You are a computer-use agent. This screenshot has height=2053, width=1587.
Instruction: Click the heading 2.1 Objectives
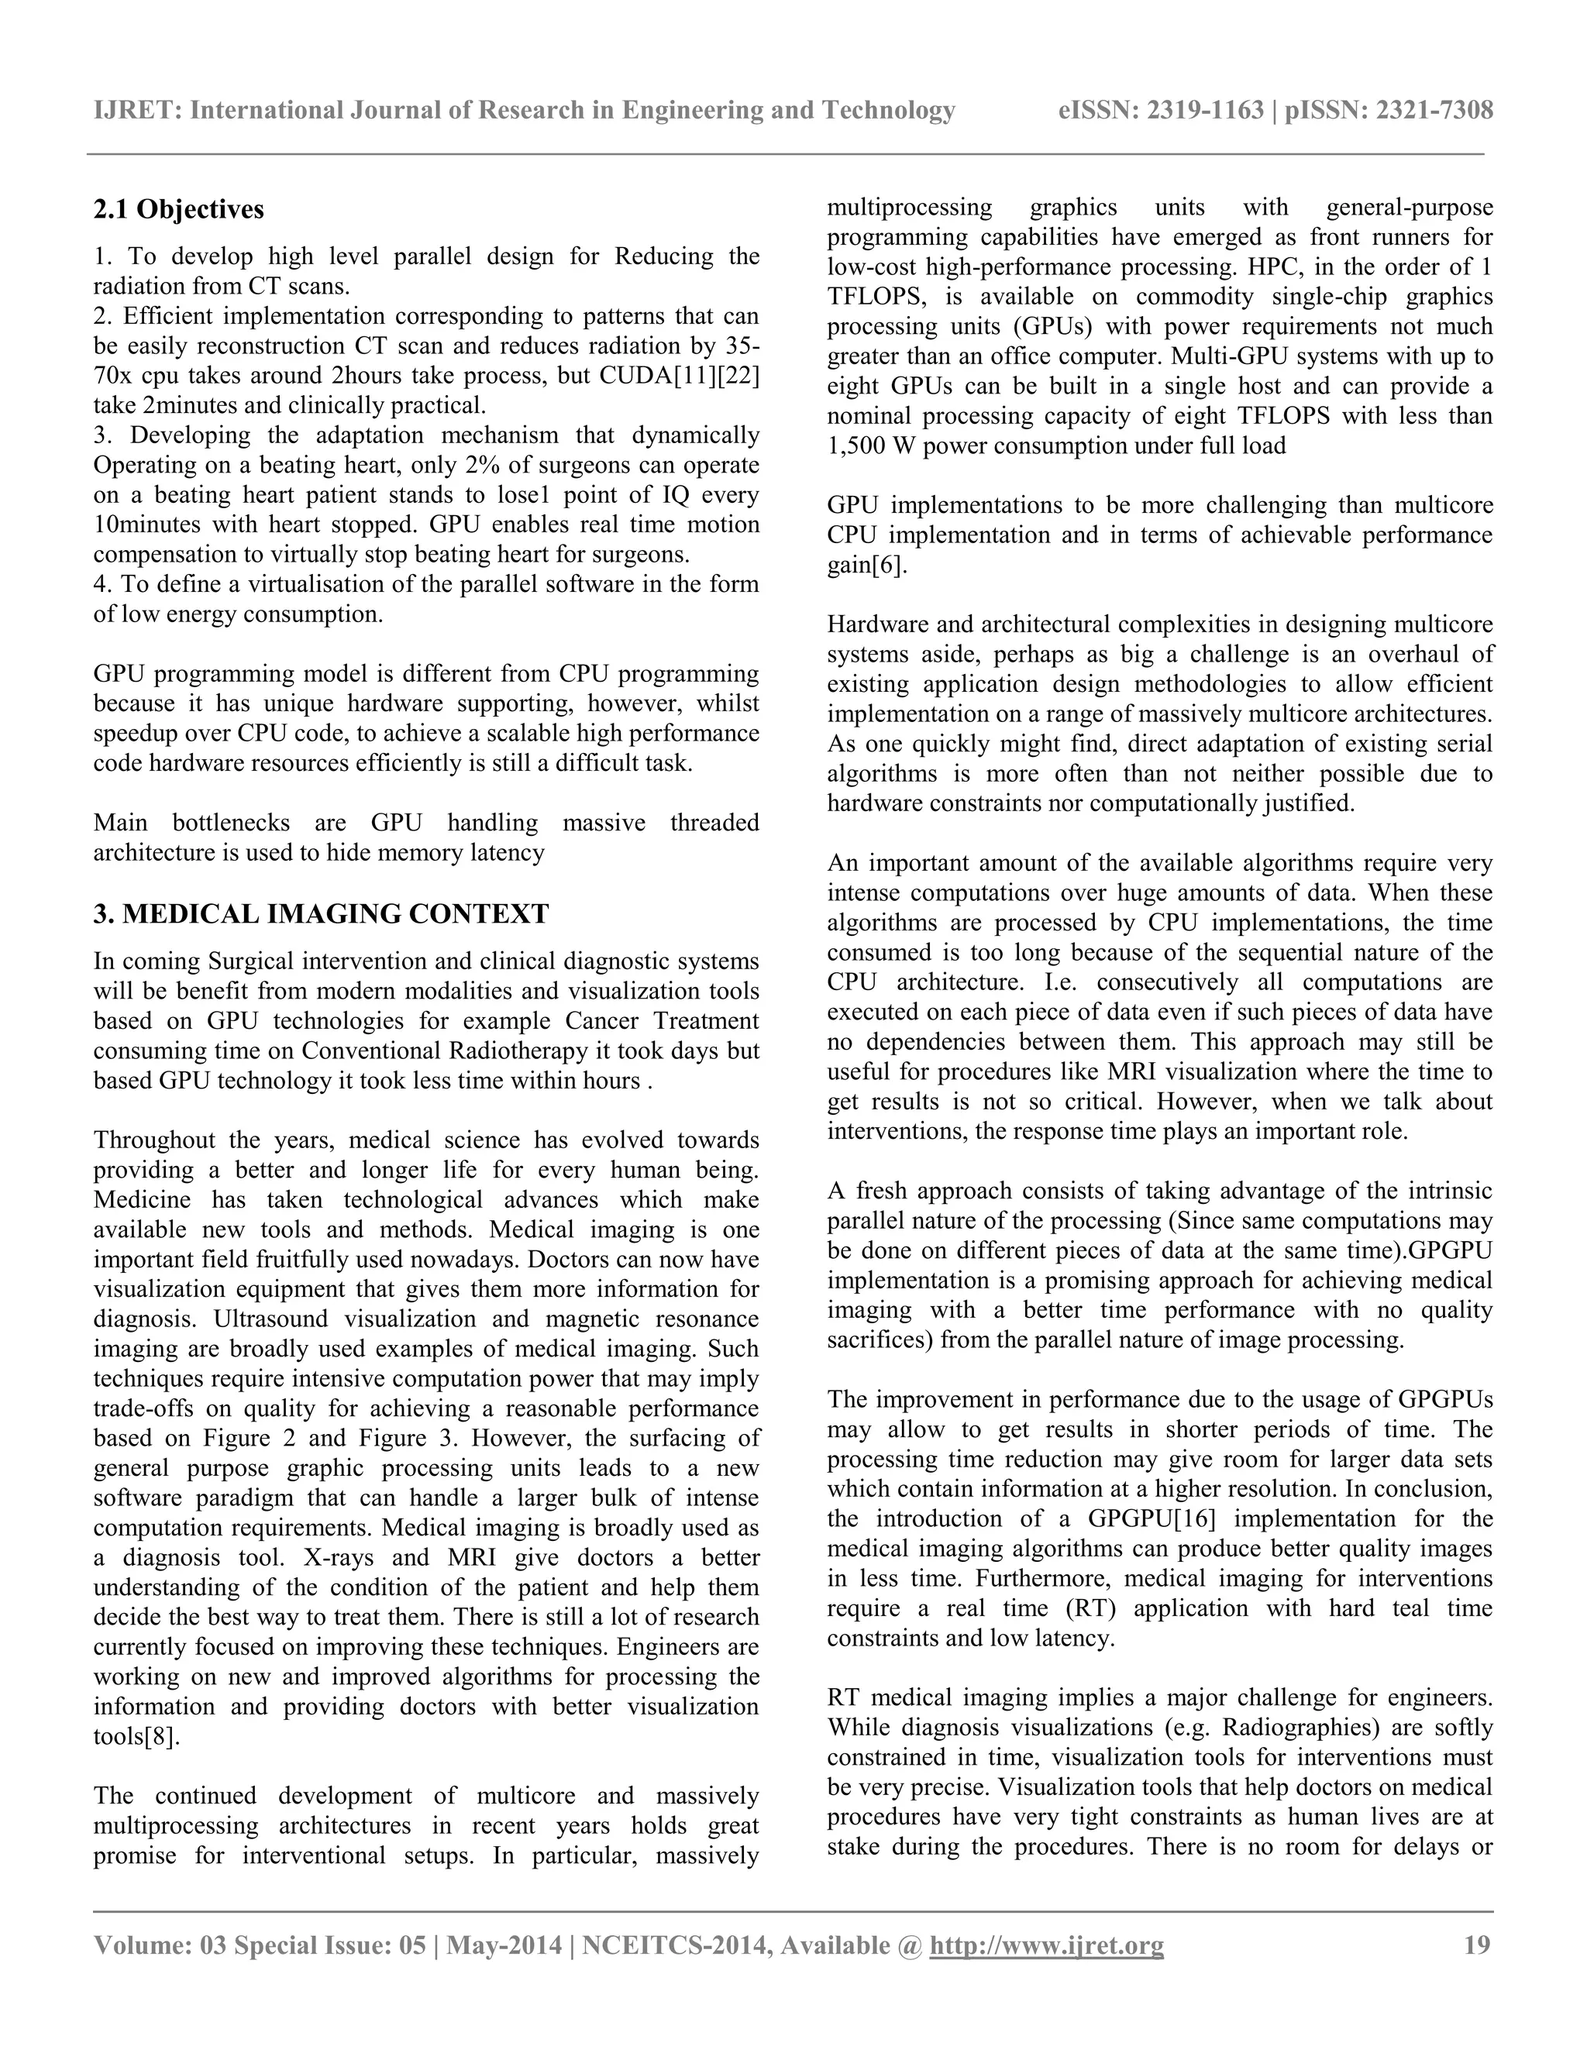[179, 210]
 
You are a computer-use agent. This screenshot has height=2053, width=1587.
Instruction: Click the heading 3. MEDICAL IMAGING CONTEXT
[321, 913]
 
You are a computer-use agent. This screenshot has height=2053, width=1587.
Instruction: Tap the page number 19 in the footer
[1477, 1945]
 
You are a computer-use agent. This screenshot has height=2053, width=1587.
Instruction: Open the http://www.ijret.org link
[1045, 1945]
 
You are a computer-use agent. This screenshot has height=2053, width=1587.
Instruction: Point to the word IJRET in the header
[136, 111]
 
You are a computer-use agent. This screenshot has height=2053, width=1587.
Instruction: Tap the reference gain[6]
[867, 566]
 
